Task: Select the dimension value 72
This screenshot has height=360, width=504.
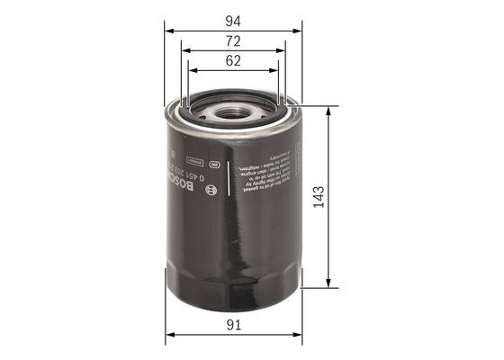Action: click(x=233, y=41)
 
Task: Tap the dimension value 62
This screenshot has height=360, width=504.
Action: click(x=233, y=62)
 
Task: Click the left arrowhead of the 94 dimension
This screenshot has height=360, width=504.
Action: click(x=168, y=28)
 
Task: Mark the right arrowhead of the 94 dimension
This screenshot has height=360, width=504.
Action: click(x=299, y=28)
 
